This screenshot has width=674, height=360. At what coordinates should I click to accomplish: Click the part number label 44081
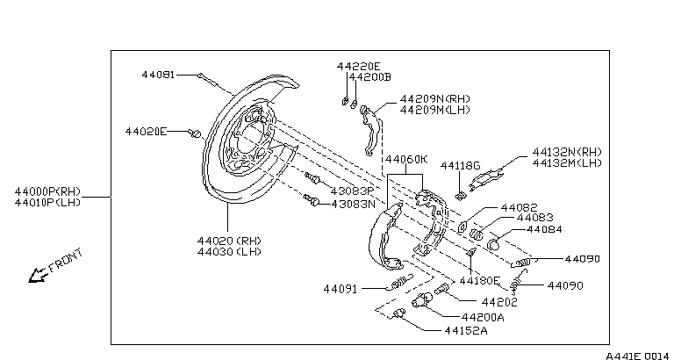click(x=158, y=75)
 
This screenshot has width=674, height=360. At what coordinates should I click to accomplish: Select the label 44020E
click(x=146, y=131)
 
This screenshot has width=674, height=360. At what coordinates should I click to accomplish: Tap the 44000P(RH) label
click(x=47, y=191)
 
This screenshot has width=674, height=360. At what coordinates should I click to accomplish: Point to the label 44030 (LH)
click(x=229, y=252)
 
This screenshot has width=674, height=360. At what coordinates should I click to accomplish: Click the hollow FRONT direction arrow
click(x=38, y=275)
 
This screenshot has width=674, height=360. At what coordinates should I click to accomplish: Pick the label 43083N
click(x=354, y=204)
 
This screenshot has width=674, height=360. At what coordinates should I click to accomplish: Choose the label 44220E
click(x=358, y=66)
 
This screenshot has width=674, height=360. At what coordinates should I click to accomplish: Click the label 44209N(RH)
click(x=435, y=99)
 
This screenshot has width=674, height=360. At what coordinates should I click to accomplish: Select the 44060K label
click(x=406, y=160)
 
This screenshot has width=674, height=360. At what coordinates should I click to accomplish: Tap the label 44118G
click(x=460, y=166)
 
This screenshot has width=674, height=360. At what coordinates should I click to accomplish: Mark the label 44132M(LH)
click(x=567, y=163)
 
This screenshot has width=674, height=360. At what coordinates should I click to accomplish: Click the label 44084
click(x=544, y=230)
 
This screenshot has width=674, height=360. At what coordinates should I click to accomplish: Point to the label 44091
click(x=340, y=289)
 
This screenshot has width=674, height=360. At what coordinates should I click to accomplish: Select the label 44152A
click(x=465, y=331)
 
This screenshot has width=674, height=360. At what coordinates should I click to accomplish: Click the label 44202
click(x=499, y=302)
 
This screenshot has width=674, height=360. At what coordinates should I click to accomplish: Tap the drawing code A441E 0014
click(x=637, y=356)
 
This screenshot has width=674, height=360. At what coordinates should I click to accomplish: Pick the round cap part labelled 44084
click(x=493, y=245)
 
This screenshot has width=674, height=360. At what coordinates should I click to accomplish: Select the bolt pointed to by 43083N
click(x=312, y=200)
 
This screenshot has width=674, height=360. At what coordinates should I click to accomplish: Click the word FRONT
click(x=65, y=260)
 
